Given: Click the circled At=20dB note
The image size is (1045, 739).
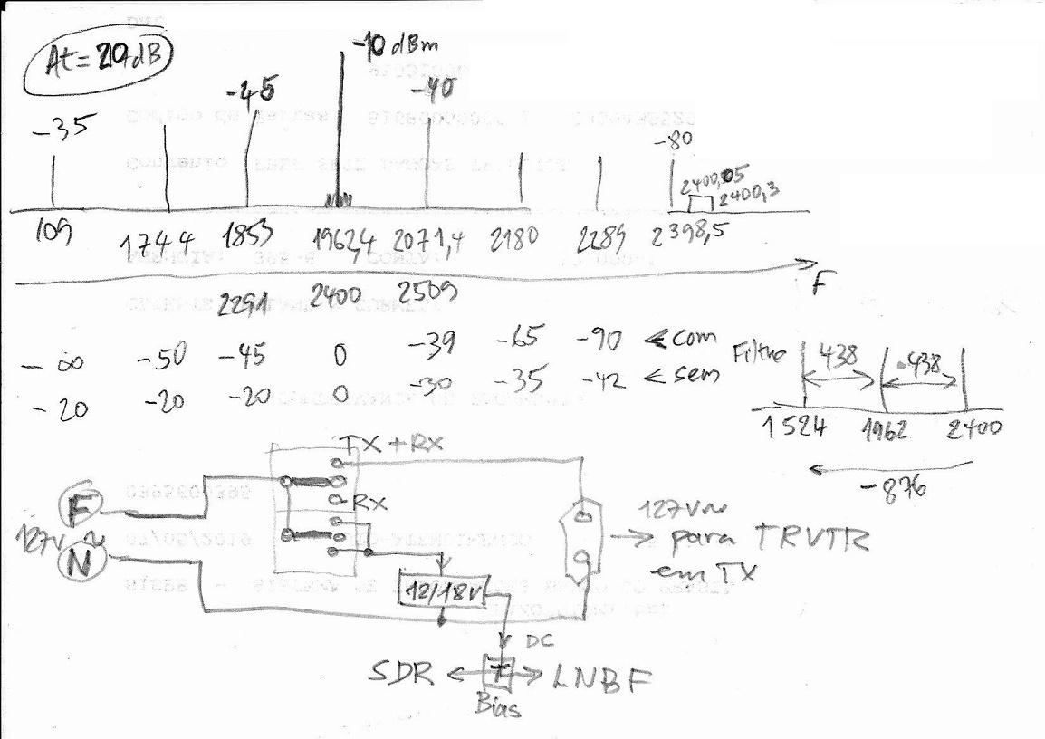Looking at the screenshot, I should click(100, 65).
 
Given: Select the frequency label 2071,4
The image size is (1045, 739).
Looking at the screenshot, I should click(429, 241).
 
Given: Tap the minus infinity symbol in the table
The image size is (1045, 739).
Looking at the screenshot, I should click(56, 364).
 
